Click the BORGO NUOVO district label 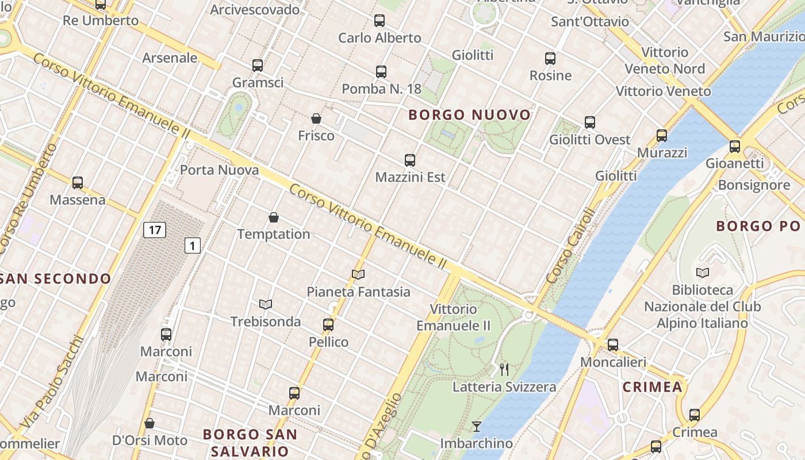(469, 115)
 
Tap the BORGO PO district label (758, 226)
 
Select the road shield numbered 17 (155, 230)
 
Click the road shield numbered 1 (193, 246)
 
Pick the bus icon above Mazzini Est (410, 160)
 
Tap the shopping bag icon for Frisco (316, 119)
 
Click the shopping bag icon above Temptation (274, 217)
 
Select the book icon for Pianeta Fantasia (358, 275)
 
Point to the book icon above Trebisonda (266, 304)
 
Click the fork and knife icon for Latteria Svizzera (504, 370)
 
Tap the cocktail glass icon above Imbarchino (476, 426)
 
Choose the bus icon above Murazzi (662, 136)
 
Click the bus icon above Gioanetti (735, 147)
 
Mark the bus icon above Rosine (550, 59)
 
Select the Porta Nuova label (219, 170)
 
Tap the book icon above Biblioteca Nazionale (702, 273)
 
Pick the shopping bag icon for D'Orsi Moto (149, 424)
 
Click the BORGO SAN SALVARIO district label (250, 442)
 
